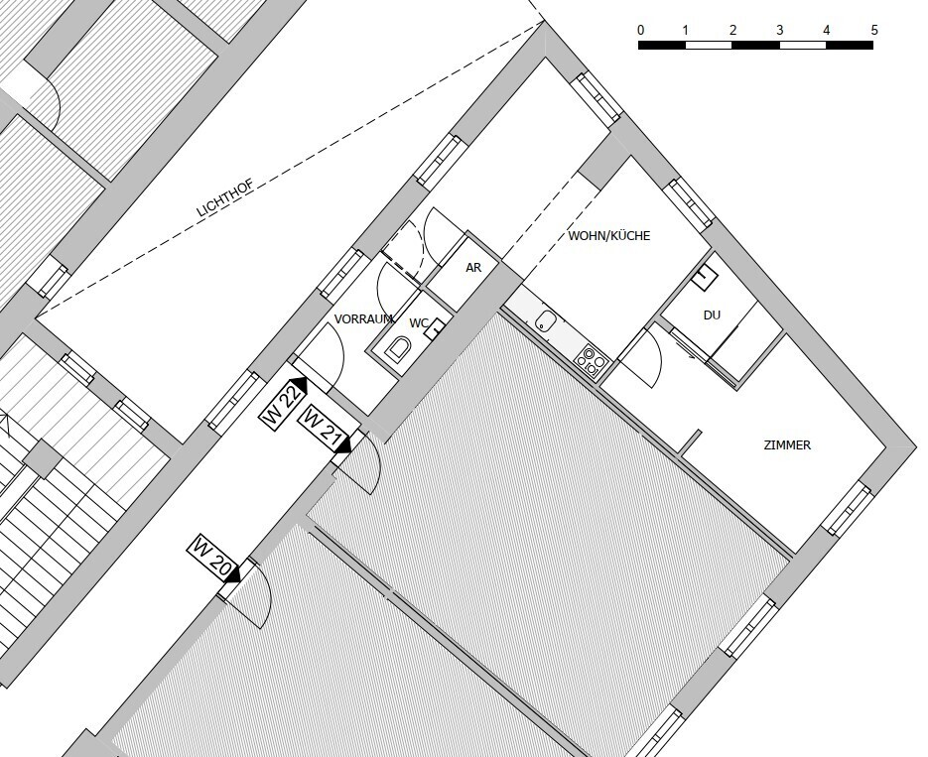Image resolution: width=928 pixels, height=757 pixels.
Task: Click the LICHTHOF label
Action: point(225,197)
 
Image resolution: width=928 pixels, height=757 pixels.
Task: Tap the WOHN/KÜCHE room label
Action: point(609,236)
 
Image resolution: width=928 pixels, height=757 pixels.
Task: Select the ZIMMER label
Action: point(787,445)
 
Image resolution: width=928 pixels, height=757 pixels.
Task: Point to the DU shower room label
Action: point(712,315)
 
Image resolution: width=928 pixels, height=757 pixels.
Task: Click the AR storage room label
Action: point(473,267)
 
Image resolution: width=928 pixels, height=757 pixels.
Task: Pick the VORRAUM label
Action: point(363,319)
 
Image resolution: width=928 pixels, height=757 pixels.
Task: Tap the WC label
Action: point(419,323)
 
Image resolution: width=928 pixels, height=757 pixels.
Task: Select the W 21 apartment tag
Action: point(322,427)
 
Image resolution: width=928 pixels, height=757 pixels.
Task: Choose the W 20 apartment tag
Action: point(211,558)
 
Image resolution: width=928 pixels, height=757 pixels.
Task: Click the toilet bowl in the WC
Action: point(398,349)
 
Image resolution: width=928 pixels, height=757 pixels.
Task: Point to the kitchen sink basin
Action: point(543,322)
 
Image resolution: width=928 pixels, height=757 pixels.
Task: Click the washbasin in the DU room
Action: point(705,277)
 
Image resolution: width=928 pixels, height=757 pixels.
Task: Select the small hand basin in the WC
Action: point(436,327)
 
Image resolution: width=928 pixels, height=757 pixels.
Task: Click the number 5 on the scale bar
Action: point(874,30)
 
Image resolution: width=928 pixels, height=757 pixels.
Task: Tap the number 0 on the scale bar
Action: point(641,30)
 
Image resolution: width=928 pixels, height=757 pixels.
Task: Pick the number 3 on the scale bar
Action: point(780,30)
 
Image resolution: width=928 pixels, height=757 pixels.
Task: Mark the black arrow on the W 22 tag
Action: point(299,385)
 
